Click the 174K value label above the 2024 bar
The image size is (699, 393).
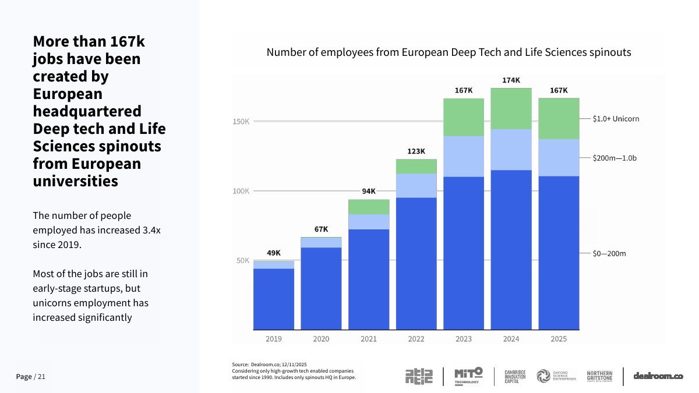pos(511,80)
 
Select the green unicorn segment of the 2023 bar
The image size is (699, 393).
pos(464,117)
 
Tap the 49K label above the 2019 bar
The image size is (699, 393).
pos(274,253)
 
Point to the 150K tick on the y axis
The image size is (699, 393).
pos(241,121)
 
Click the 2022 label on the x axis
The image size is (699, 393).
pos(416,339)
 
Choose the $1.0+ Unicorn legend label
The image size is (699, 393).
pos(616,119)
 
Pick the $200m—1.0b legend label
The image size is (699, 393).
pos(615,158)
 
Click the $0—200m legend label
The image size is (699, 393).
pos(609,254)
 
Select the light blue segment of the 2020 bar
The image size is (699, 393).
pos(321,243)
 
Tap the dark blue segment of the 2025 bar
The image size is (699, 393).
pos(559,253)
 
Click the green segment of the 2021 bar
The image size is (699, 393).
pos(369,207)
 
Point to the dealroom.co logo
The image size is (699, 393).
pos(658,376)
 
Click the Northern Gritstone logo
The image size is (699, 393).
pos(599,376)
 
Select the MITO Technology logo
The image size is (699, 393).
pos(468,376)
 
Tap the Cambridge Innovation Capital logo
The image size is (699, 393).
pos(515,377)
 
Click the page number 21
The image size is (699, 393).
pos(41,377)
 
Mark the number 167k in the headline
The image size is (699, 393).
pos(128,41)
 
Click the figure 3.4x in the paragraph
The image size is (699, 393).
pos(151,230)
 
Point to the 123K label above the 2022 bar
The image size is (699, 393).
pos(416,151)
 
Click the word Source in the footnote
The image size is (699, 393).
pos(240,364)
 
